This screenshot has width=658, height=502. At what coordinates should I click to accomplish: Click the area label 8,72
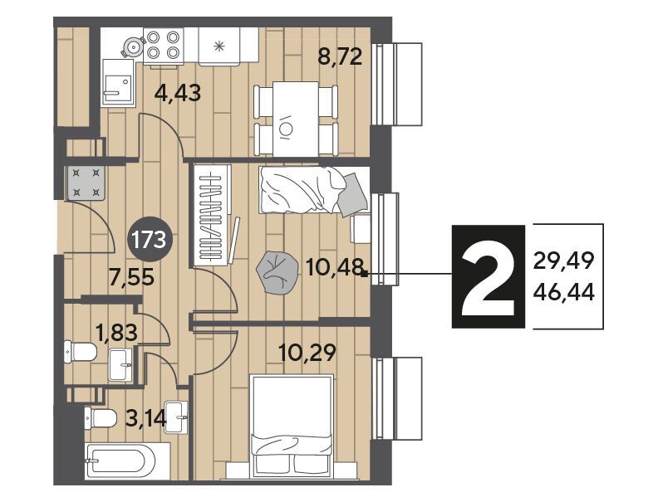click(x=340, y=57)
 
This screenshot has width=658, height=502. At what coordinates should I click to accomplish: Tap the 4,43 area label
click(x=178, y=93)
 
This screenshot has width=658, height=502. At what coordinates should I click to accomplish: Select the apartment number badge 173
click(x=149, y=240)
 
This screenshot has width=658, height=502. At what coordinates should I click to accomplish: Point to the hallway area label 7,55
click(x=131, y=277)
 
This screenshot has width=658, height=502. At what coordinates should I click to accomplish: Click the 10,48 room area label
click(x=335, y=267)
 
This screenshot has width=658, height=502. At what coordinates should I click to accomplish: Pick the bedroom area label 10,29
click(x=307, y=353)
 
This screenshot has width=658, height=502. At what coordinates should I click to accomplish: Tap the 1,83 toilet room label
click(x=116, y=333)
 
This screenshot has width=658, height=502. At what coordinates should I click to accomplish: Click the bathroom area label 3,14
click(x=146, y=417)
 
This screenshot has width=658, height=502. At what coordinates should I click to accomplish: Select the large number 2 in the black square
click(x=488, y=276)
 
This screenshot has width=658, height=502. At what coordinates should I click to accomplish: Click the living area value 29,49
click(x=563, y=261)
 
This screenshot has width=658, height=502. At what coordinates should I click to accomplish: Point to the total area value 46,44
click(x=563, y=292)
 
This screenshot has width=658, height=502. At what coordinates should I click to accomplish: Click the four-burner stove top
click(x=163, y=46)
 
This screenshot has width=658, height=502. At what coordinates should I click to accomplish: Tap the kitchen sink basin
click(x=117, y=81)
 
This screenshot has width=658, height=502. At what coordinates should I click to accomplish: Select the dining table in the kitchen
click(x=296, y=119)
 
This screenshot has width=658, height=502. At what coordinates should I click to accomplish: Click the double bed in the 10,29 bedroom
click(x=292, y=426)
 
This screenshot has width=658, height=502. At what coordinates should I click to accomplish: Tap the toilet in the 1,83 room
click(x=81, y=351)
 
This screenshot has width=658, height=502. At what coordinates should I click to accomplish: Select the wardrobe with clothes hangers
click(x=213, y=216)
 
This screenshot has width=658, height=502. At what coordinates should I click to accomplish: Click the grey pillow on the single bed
click(x=353, y=195)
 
